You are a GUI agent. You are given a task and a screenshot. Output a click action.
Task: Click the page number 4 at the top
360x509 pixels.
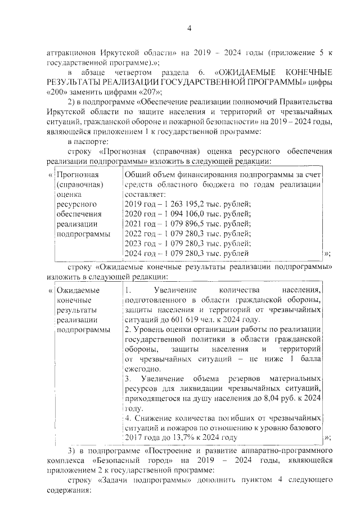point(189,29)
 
